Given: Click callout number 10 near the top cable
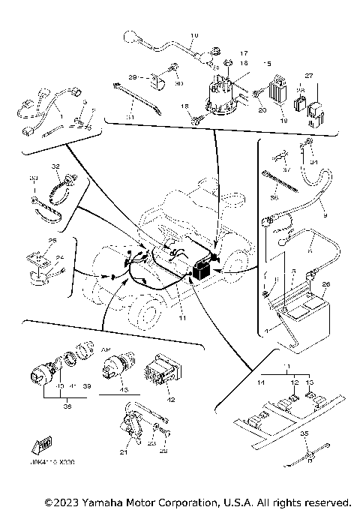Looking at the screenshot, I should click(194, 35).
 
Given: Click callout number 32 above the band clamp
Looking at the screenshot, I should click(55, 166).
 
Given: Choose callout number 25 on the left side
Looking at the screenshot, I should click(52, 241).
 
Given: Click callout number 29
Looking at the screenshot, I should click(131, 77).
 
